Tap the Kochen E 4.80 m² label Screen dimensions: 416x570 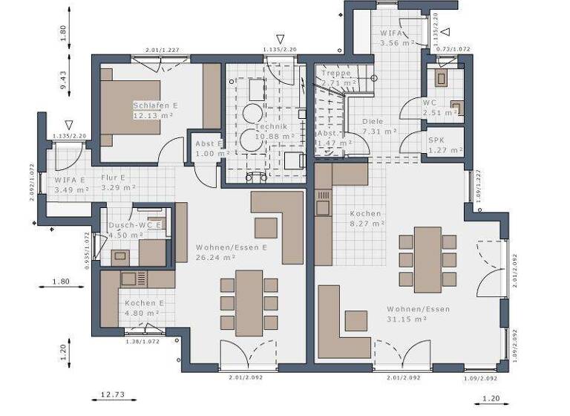(144, 308)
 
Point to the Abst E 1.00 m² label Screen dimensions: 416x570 (208, 148)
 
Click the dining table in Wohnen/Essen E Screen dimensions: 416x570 (249, 303)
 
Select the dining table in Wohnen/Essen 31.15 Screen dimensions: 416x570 (427, 259)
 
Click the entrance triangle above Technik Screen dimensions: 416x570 (280, 39)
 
